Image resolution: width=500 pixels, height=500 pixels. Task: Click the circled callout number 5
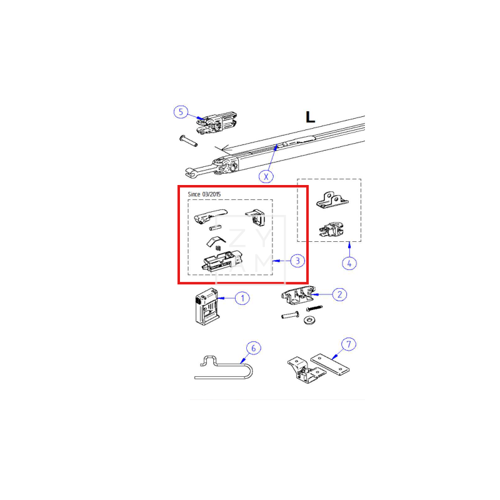[x=180, y=112]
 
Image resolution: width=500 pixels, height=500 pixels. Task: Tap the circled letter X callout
[x=267, y=176]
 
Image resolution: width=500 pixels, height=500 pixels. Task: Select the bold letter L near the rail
[x=309, y=117]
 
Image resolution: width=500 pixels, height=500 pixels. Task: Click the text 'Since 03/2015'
[x=204, y=194]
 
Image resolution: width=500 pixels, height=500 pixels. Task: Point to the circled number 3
[x=297, y=260]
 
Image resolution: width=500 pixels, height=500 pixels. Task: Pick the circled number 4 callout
[x=349, y=263]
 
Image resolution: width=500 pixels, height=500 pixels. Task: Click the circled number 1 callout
[x=242, y=298]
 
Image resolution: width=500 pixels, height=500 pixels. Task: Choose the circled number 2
[x=338, y=294]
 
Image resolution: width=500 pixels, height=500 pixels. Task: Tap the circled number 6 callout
[x=252, y=347]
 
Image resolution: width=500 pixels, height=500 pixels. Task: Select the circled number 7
[x=349, y=344]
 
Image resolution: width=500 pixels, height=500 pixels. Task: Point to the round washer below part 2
[x=309, y=321]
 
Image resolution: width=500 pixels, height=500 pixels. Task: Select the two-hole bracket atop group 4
[x=333, y=198]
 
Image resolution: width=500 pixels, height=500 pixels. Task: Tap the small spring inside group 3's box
[x=219, y=249]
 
